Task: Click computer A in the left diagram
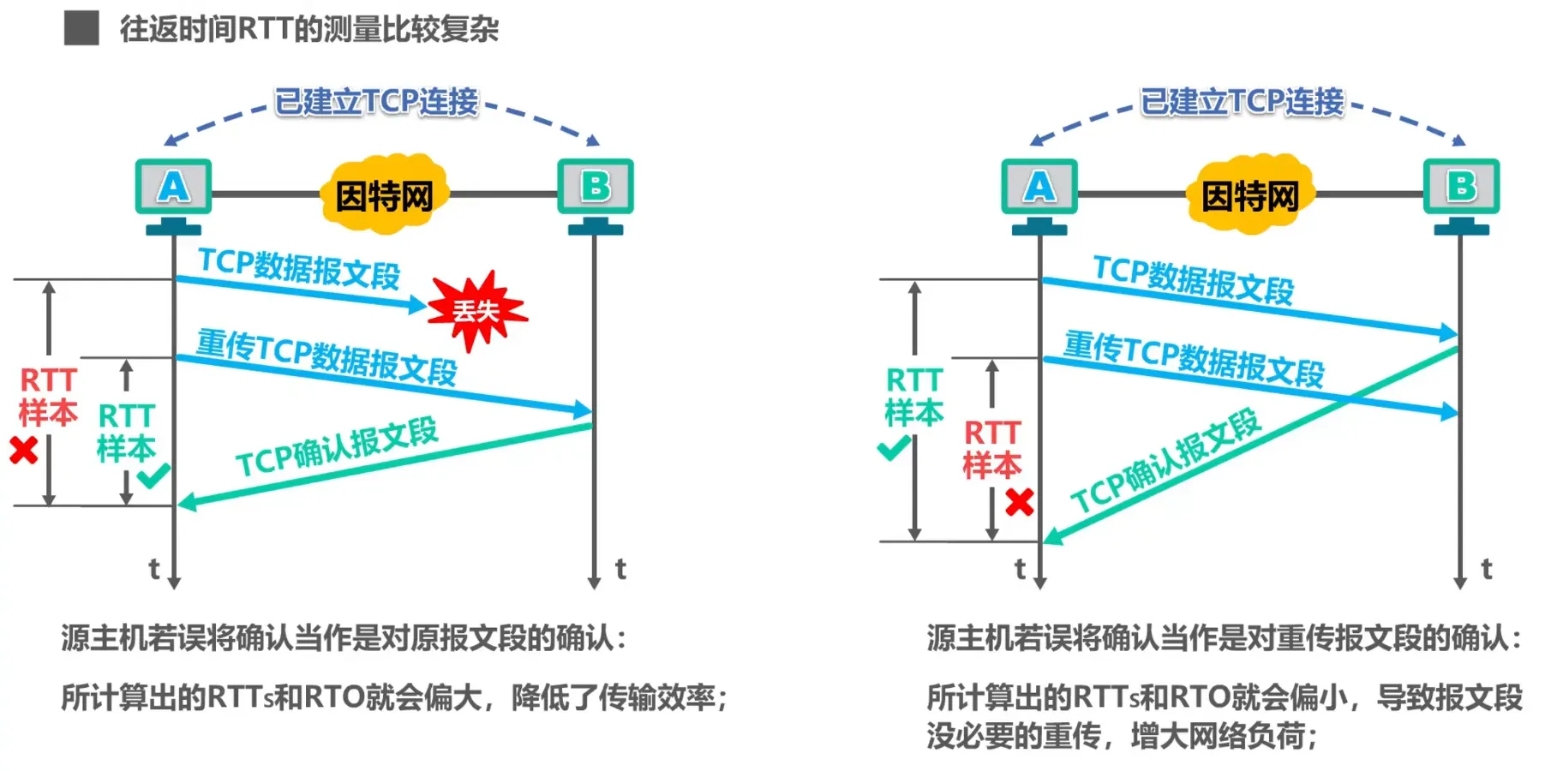(173, 188)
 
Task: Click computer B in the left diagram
(596, 188)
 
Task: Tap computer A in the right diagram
(1039, 188)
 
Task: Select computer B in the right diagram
(1461, 188)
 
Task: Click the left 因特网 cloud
(385, 195)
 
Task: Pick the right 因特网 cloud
(1250, 195)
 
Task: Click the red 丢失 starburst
(476, 310)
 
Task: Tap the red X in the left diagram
(24, 450)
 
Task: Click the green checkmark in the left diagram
(153, 475)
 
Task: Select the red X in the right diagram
(1019, 501)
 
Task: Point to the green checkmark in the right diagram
(893, 448)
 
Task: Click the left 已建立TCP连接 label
(376, 102)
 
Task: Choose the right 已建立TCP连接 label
(1242, 102)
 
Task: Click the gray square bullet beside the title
(81, 28)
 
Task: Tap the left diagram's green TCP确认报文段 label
(337, 448)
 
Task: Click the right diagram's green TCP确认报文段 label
(1165, 460)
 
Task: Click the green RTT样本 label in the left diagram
(126, 433)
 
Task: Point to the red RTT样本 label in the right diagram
(992, 449)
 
